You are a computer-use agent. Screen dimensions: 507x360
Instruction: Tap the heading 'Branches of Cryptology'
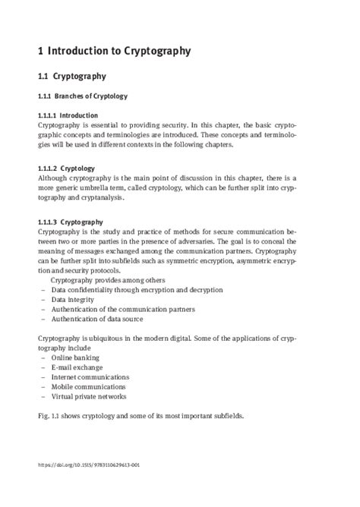[x=94, y=96]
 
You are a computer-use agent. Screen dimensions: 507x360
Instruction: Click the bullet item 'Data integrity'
[x=77, y=300]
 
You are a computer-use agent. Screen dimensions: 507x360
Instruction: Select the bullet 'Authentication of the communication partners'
[x=123, y=310]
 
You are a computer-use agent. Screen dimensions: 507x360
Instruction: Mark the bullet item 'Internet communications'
[x=90, y=376]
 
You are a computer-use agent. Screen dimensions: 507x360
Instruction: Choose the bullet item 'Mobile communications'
[x=88, y=386]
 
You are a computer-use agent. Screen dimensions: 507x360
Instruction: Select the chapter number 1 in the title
[x=40, y=52]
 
